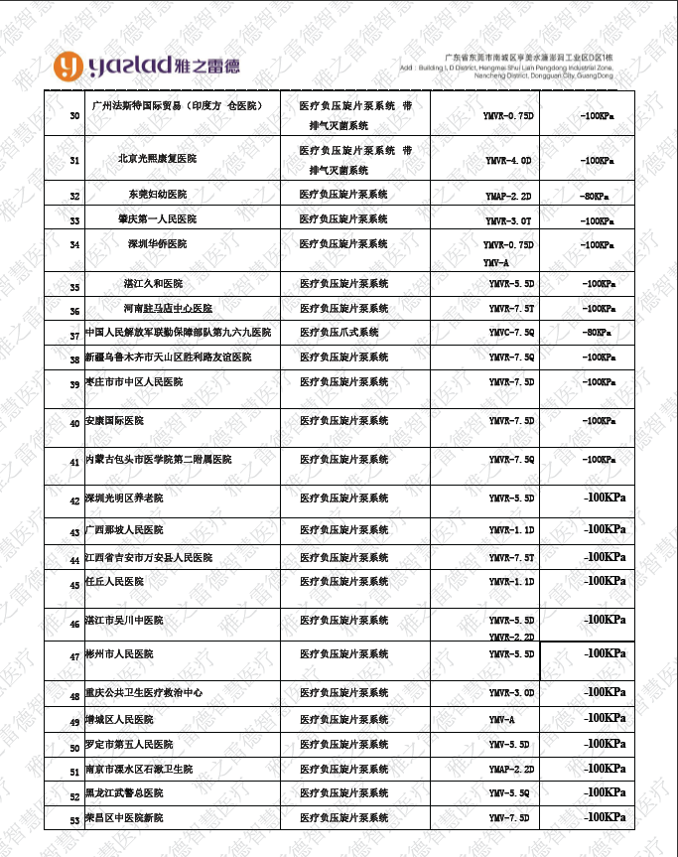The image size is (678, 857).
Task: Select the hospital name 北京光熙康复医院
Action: tap(157, 159)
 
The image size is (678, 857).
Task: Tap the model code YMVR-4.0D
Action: tap(508, 160)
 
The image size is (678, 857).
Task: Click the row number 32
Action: tap(74, 197)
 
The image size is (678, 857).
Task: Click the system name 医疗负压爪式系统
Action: tap(339, 332)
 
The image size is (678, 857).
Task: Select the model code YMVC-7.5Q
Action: tap(511, 333)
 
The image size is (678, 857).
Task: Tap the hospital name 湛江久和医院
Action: tap(153, 284)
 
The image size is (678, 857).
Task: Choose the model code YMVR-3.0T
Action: tap(508, 220)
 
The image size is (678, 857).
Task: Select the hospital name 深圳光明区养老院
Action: tap(124, 498)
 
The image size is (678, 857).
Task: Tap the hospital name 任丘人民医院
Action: tap(114, 581)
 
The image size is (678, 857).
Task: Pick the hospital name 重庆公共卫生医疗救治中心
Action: tap(144, 692)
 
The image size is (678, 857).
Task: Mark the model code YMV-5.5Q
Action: tap(510, 793)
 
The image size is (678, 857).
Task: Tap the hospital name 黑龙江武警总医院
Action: tap(124, 793)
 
